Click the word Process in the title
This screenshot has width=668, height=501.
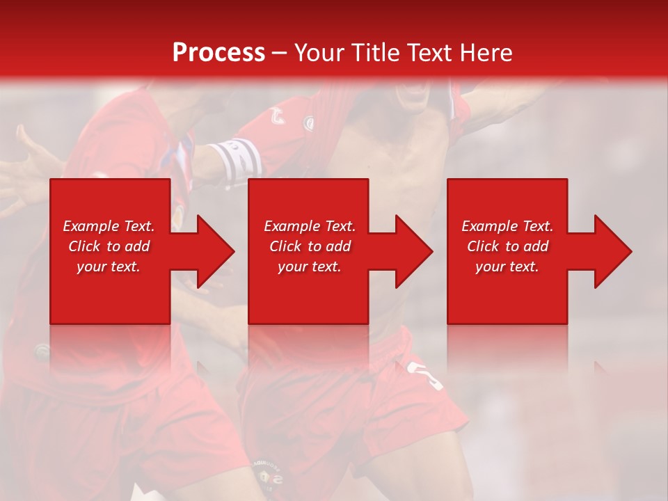218,53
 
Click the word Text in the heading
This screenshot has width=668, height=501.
429,53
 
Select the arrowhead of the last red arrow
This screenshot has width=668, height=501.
612,251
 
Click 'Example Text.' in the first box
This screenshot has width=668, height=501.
109,226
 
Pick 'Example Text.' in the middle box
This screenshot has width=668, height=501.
310,226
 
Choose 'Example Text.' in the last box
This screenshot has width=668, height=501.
507,226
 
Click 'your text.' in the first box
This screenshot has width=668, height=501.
109,267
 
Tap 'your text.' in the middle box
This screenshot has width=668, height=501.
310,267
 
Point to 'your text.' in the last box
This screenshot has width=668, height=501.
507,267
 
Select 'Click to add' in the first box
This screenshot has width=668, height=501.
109,246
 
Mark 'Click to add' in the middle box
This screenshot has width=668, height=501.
310,246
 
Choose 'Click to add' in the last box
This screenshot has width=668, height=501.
507,246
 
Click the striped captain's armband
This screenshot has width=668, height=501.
237,159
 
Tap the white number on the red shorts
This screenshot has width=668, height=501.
427,375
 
